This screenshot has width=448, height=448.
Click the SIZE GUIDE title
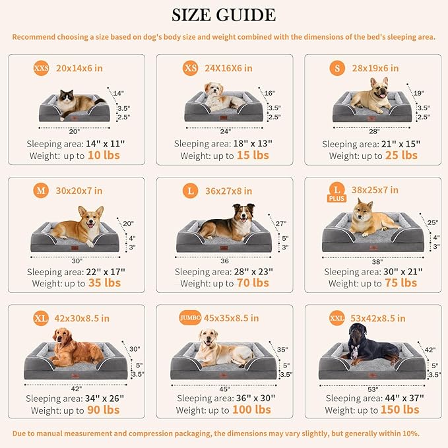click(224, 15)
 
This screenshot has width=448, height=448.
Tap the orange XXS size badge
click(41, 68)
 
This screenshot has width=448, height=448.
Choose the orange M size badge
click(41, 191)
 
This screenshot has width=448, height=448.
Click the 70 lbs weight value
click(253, 283)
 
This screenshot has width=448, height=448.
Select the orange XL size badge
click(41, 319)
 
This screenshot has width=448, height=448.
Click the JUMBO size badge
click(190, 318)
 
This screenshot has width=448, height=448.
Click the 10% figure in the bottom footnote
click(406, 433)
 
